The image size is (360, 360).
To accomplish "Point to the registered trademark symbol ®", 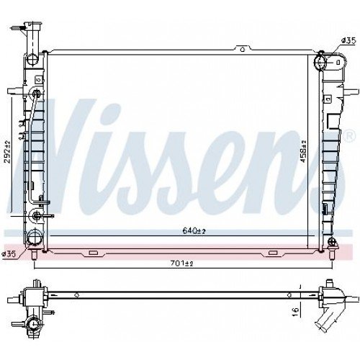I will [x=349, y=136].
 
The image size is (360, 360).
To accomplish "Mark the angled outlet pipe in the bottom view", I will [x=330, y=316].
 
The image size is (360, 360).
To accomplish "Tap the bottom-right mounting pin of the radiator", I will [x=332, y=253].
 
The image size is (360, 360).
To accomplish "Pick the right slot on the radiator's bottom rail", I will [x=273, y=252].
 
